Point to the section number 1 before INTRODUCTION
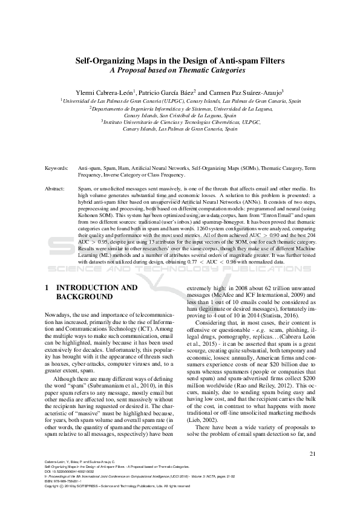(47, 288)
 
